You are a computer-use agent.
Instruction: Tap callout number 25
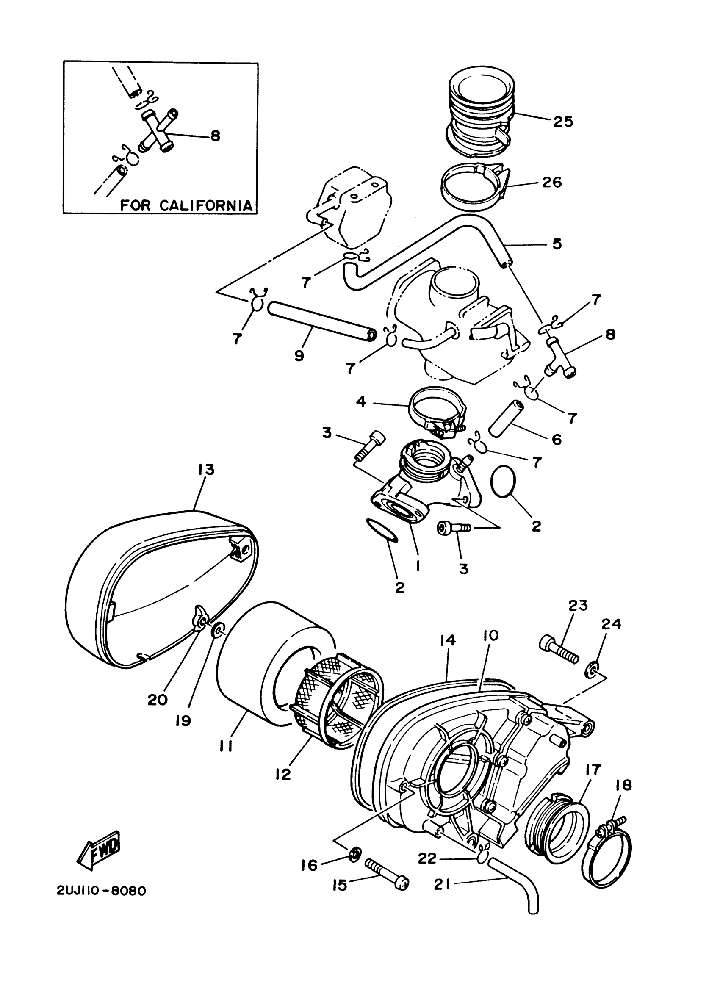coord(563,122)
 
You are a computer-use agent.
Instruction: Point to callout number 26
coord(552,182)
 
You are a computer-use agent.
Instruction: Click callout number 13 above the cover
coord(205,470)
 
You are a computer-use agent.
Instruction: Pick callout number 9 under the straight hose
coord(299,356)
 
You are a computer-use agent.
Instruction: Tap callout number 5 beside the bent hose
coord(557,244)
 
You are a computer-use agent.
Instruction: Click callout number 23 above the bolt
coord(578,605)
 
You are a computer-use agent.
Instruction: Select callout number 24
coord(611,624)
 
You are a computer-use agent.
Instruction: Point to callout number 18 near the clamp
coord(623,785)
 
